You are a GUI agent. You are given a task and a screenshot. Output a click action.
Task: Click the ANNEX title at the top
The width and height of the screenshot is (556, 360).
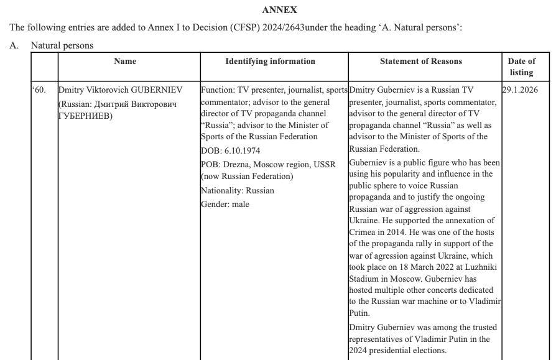pos(279,10)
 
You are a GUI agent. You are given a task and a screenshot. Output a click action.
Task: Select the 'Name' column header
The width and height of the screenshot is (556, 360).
pos(125,62)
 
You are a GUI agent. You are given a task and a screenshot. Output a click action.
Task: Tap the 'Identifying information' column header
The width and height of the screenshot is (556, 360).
pos(270,62)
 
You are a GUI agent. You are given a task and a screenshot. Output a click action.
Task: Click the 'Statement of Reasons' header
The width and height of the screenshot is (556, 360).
pos(421,62)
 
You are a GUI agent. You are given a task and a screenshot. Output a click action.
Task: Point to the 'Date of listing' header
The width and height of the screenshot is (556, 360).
pos(521,67)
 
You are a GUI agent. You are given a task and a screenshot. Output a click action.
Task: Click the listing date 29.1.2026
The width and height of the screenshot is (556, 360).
pos(520,90)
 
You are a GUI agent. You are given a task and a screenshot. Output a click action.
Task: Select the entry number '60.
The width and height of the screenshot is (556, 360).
pos(39,90)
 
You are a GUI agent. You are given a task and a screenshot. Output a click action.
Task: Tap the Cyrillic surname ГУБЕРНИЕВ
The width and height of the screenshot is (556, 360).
pos(86,116)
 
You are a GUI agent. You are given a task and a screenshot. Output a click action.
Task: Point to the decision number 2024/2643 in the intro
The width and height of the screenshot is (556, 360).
pos(284,28)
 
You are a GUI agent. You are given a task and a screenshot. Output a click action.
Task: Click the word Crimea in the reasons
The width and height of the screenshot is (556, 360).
pos(362,232)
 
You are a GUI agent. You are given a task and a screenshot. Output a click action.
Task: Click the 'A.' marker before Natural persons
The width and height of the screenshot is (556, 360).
pos(14,45)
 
